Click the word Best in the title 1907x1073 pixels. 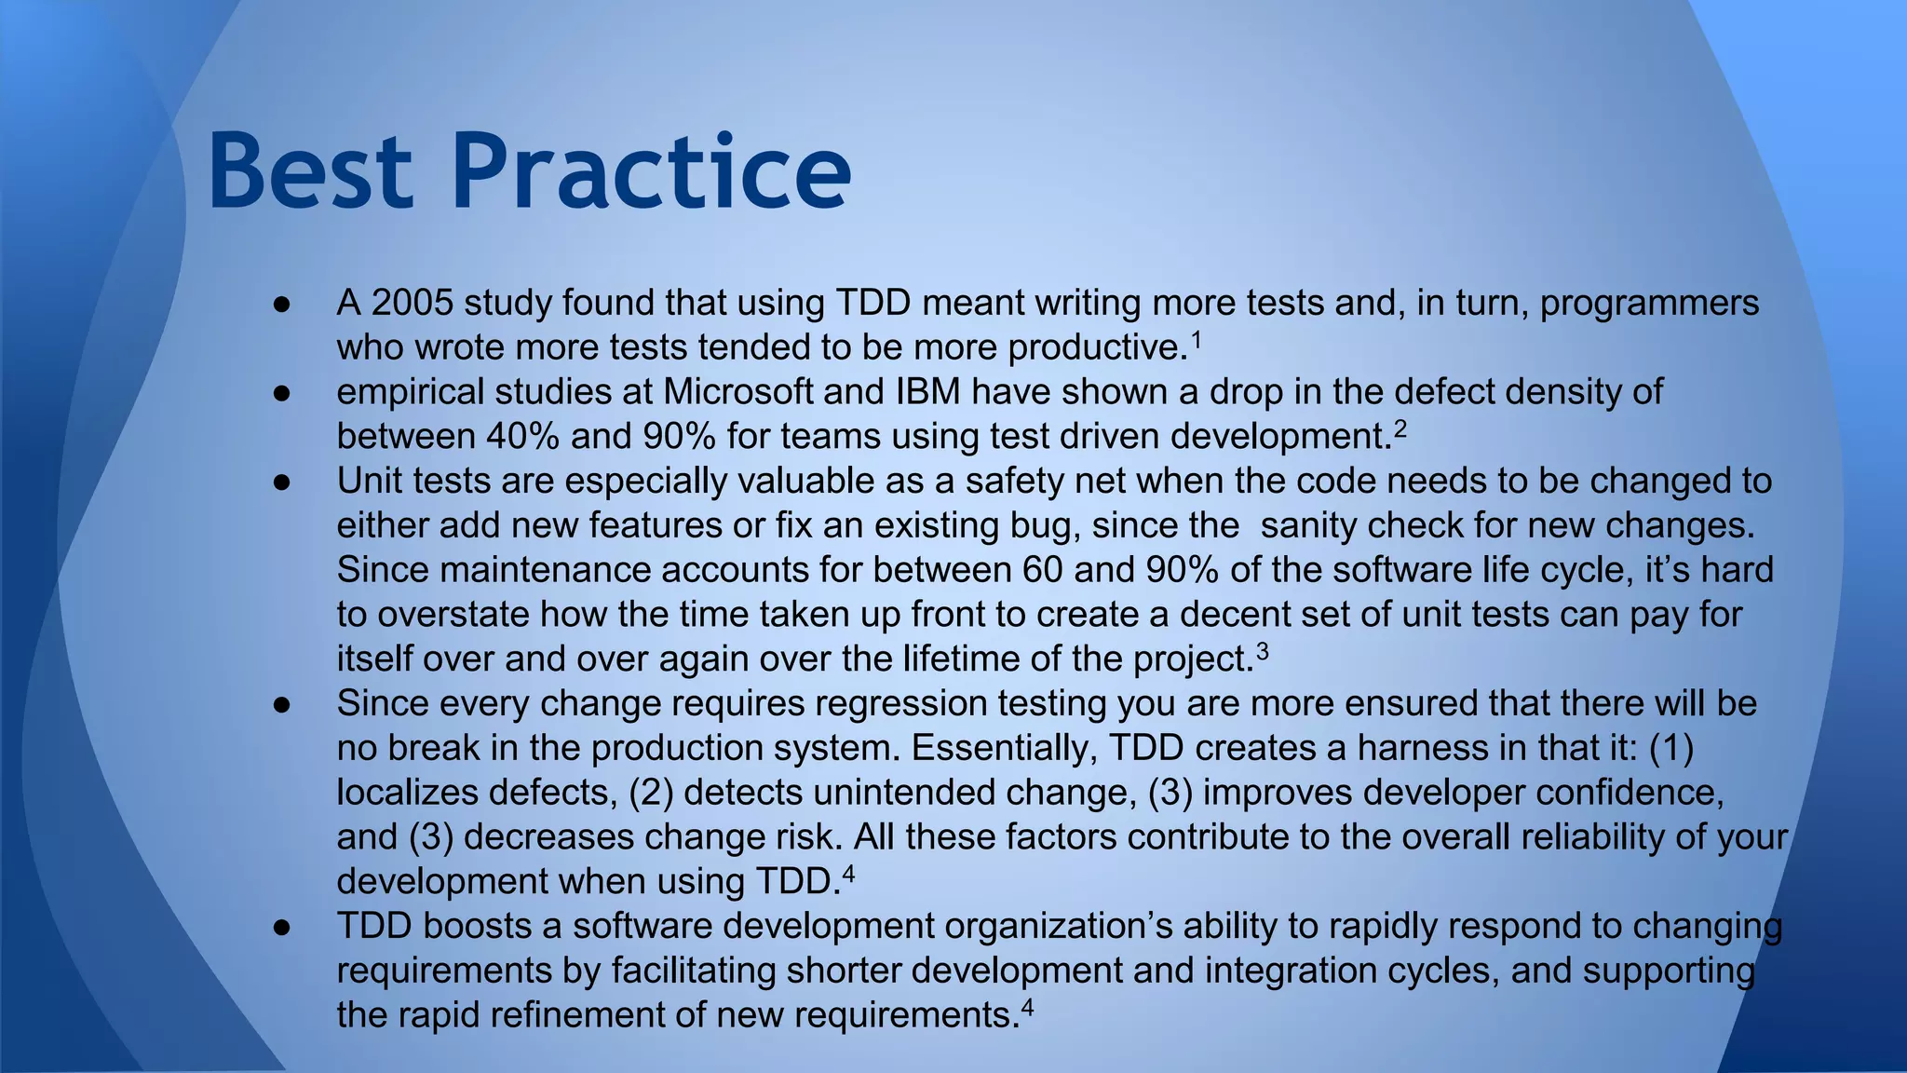point(311,172)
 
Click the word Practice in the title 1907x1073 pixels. point(651,172)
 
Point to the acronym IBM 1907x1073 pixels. point(927,392)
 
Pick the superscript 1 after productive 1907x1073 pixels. point(1197,339)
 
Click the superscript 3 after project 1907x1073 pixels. point(1262,650)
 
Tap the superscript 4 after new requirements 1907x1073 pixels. point(1027,1006)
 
